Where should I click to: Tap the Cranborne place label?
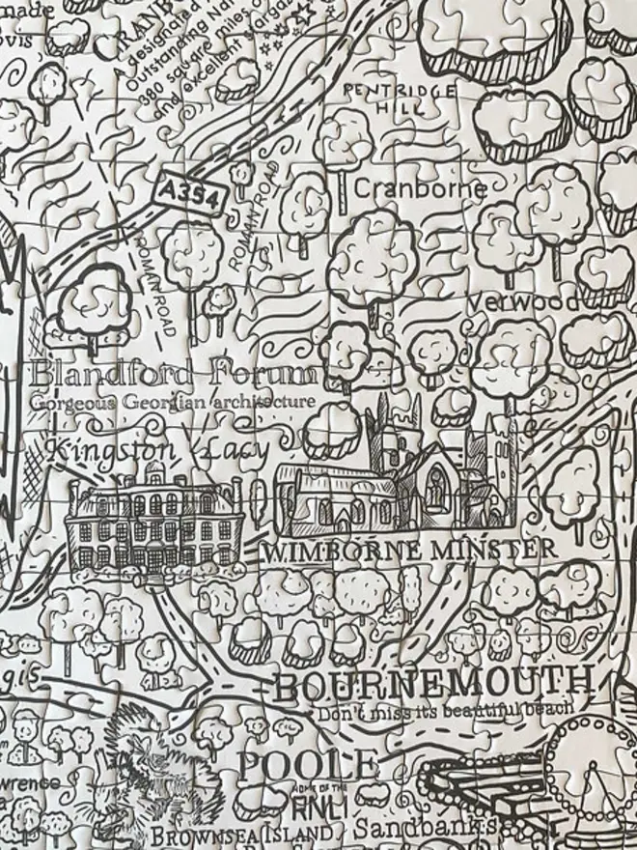click(x=420, y=188)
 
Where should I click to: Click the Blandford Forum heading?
click(x=174, y=374)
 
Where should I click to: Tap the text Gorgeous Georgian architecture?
click(x=172, y=401)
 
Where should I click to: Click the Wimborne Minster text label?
click(x=408, y=552)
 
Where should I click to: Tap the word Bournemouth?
click(x=431, y=686)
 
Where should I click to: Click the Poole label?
click(x=307, y=765)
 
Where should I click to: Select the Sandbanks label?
click(x=425, y=828)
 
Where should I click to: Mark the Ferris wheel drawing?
click(x=594, y=782)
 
